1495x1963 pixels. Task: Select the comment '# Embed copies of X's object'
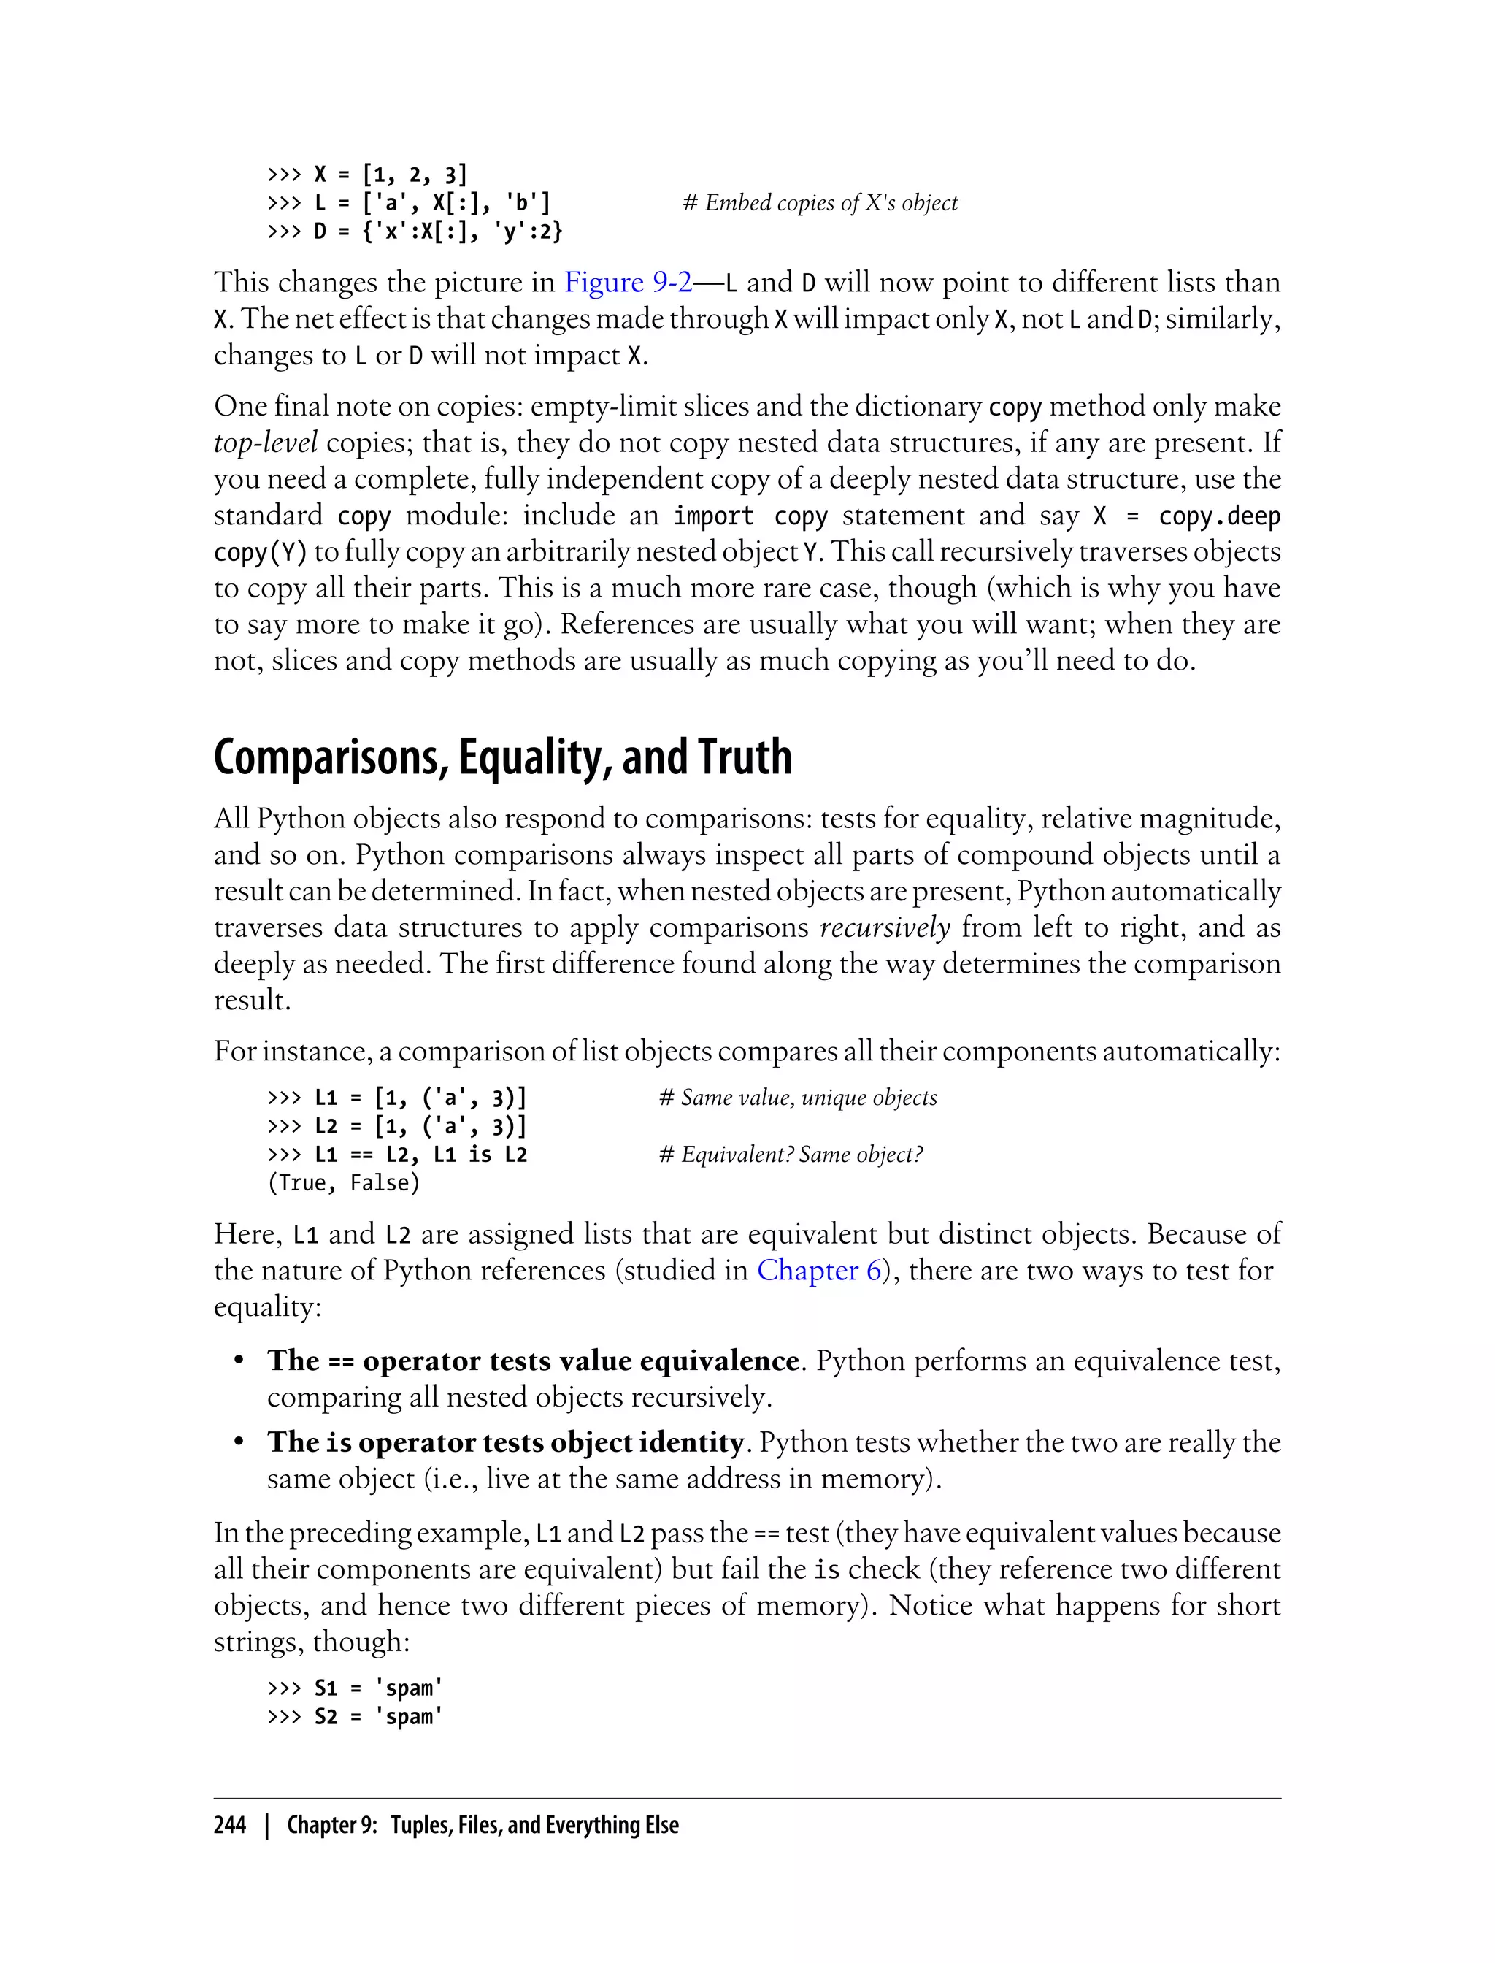tap(820, 203)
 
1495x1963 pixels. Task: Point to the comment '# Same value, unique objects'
tap(797, 1098)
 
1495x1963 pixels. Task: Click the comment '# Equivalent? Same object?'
tap(791, 1155)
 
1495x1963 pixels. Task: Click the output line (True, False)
tap(344, 1183)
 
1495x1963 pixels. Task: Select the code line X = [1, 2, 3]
tap(389, 175)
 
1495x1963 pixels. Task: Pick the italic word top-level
tap(265, 443)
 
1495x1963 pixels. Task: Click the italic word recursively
tap(885, 927)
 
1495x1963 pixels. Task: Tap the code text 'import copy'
tap(750, 516)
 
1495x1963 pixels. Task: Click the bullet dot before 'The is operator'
tap(239, 1442)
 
